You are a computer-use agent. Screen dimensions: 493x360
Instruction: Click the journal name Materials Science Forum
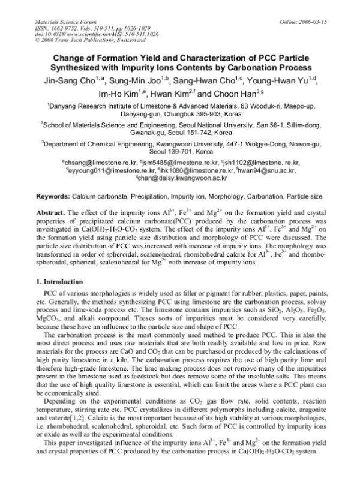point(46,6)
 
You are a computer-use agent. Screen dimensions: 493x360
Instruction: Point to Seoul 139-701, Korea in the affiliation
point(179,152)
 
